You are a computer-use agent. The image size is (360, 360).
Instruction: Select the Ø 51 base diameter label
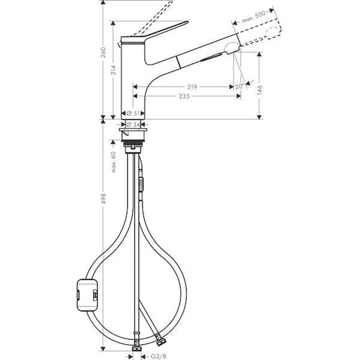(134, 113)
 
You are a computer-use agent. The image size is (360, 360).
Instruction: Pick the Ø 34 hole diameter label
(134, 124)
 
